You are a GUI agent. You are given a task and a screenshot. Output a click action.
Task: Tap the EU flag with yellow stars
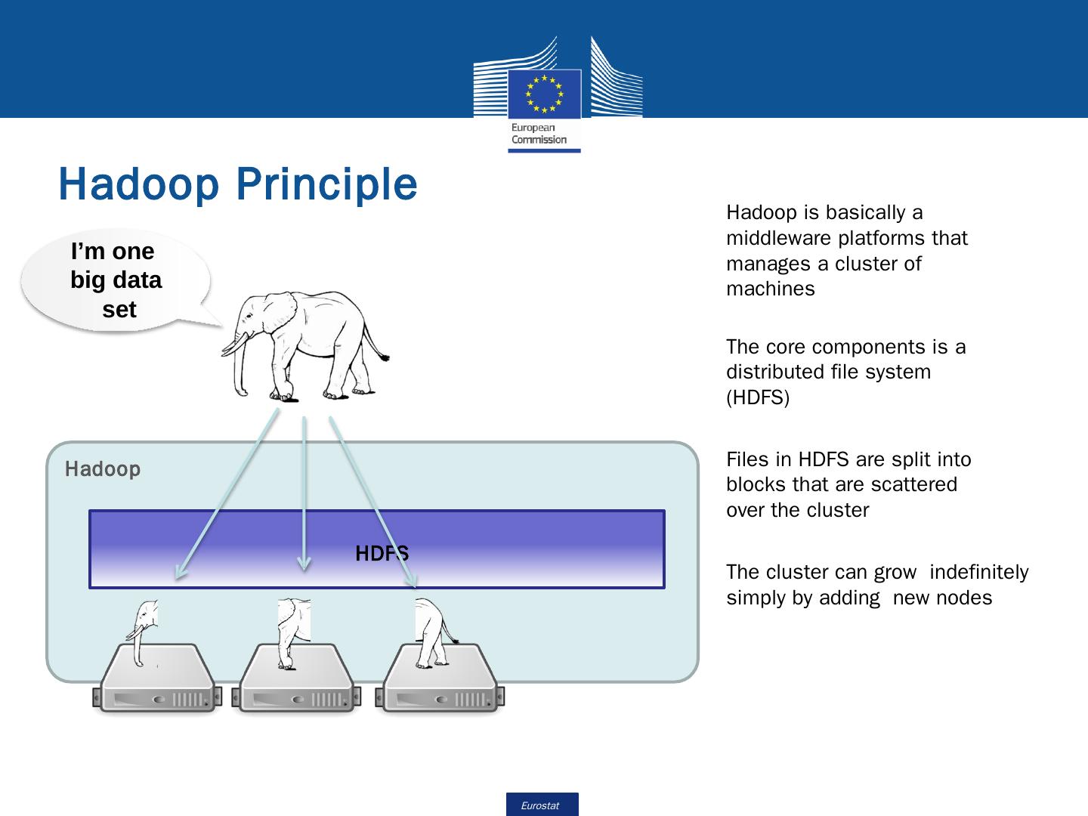(544, 94)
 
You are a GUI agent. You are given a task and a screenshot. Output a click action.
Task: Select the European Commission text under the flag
(539, 134)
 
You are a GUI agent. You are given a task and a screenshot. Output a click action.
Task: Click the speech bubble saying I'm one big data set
(116, 280)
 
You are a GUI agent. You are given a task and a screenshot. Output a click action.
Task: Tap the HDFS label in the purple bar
(382, 554)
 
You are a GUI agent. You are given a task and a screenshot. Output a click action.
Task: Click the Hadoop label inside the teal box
(103, 469)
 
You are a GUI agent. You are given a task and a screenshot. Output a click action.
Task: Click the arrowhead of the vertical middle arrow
(304, 563)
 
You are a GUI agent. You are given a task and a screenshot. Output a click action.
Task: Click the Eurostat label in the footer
(541, 805)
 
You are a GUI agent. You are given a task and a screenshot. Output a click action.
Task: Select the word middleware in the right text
(778, 238)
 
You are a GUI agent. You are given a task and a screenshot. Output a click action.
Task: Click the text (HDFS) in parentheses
(758, 397)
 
